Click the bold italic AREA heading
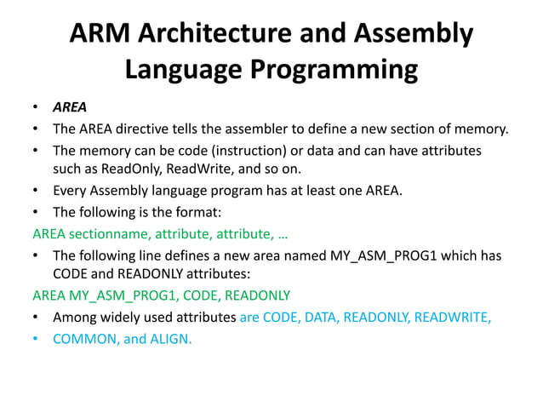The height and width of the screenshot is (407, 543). pos(70,109)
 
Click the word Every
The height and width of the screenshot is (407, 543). pos(71,190)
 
